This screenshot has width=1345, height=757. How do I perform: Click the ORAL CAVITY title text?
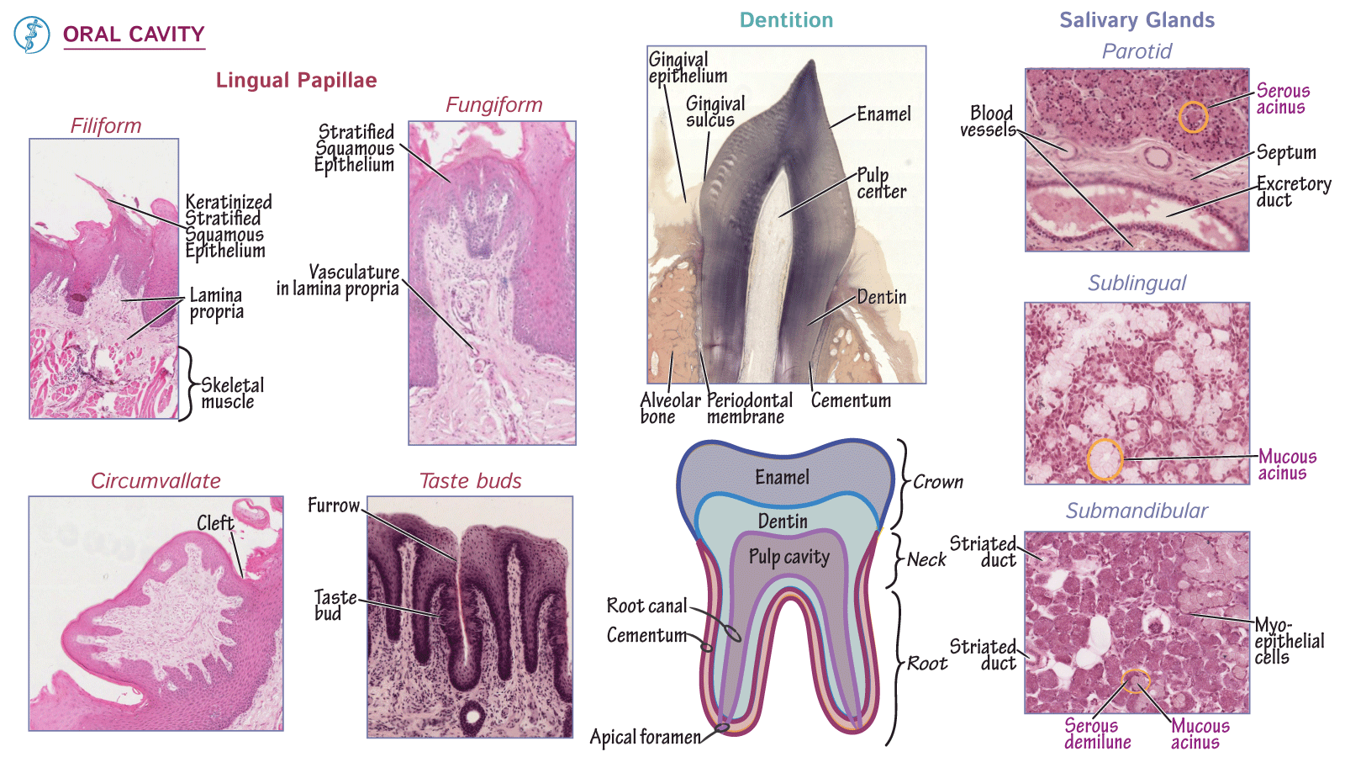[x=134, y=34]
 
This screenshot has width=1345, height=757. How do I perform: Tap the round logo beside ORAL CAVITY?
[x=32, y=35]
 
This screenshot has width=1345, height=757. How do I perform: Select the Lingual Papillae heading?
[x=296, y=81]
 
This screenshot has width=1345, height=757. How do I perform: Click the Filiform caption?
[x=106, y=126]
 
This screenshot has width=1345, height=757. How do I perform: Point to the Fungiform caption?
[x=493, y=105]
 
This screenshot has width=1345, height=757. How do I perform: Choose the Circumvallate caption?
[x=156, y=481]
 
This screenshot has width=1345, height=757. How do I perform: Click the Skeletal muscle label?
[x=232, y=394]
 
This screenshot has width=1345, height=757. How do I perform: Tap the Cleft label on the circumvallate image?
[x=215, y=523]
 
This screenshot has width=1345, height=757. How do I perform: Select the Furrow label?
[x=333, y=506]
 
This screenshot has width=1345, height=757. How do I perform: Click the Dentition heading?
[x=786, y=20]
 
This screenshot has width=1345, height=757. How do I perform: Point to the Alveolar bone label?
[x=670, y=409]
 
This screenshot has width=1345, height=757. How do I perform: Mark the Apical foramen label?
[x=645, y=738]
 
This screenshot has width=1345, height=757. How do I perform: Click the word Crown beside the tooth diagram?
[x=938, y=482]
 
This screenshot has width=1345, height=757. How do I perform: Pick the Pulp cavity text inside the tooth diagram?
[x=789, y=557]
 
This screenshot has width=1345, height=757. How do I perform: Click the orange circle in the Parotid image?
[x=1192, y=117]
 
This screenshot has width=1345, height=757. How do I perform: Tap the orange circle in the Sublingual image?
[x=1105, y=459]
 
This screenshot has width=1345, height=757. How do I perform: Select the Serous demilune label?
[x=1097, y=734]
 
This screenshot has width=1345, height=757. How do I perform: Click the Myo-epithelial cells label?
[x=1289, y=641]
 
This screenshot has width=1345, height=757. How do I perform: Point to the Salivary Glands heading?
[x=1137, y=20]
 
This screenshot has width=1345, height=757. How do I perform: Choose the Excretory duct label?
[x=1293, y=192]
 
